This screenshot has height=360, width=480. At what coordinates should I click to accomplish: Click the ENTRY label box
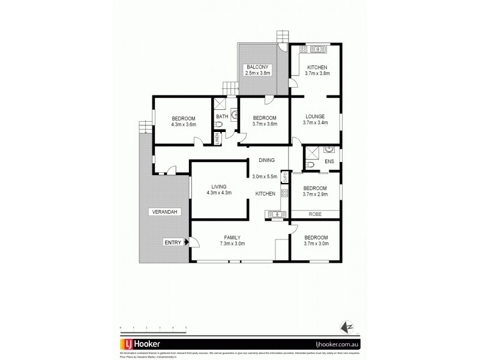173,242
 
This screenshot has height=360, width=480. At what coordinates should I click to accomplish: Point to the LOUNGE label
315,116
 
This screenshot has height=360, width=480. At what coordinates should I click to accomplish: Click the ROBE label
315,214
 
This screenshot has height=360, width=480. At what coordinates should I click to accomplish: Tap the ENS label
329,162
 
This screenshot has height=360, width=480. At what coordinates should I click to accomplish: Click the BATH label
222,116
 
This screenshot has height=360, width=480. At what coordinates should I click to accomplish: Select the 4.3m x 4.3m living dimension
218,193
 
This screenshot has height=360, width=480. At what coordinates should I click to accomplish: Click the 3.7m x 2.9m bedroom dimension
315,194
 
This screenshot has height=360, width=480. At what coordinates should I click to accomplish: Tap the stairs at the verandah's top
143,128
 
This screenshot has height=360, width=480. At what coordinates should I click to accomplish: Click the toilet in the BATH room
220,125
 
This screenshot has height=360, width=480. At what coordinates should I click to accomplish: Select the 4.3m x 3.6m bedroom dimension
184,124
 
